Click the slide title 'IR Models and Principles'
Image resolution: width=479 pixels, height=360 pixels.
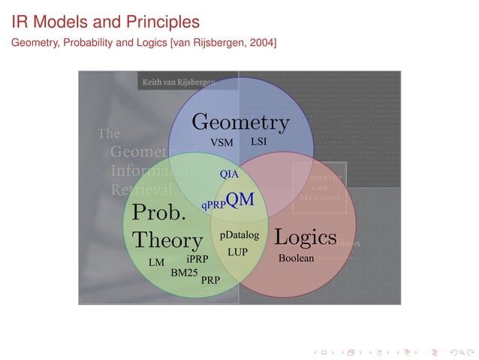(x=105, y=22)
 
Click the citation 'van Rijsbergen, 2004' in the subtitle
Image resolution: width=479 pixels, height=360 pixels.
(x=224, y=44)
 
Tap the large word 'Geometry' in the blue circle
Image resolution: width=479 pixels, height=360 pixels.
(x=240, y=122)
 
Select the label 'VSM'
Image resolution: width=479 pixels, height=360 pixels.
(x=221, y=142)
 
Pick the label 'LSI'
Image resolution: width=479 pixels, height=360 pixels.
(x=258, y=141)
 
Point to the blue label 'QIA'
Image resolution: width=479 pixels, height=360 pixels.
(x=229, y=174)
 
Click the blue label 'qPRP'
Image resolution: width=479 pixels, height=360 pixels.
(x=212, y=204)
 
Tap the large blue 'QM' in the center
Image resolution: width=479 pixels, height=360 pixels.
(x=240, y=199)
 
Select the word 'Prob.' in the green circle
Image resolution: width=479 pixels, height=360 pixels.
(x=158, y=213)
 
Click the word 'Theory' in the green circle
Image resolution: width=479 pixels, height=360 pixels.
(x=167, y=240)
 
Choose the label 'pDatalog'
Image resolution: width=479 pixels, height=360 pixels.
(x=239, y=235)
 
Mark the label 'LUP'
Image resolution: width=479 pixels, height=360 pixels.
(x=237, y=252)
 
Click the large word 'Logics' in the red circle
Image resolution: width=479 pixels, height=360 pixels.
(x=305, y=237)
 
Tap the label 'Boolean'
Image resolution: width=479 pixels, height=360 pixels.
(x=296, y=258)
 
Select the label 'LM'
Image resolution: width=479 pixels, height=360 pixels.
(x=156, y=263)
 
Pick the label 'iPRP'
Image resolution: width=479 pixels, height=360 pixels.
(x=197, y=259)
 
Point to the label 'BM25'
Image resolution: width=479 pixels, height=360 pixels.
(x=184, y=272)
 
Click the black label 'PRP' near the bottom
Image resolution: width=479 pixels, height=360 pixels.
(x=210, y=280)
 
